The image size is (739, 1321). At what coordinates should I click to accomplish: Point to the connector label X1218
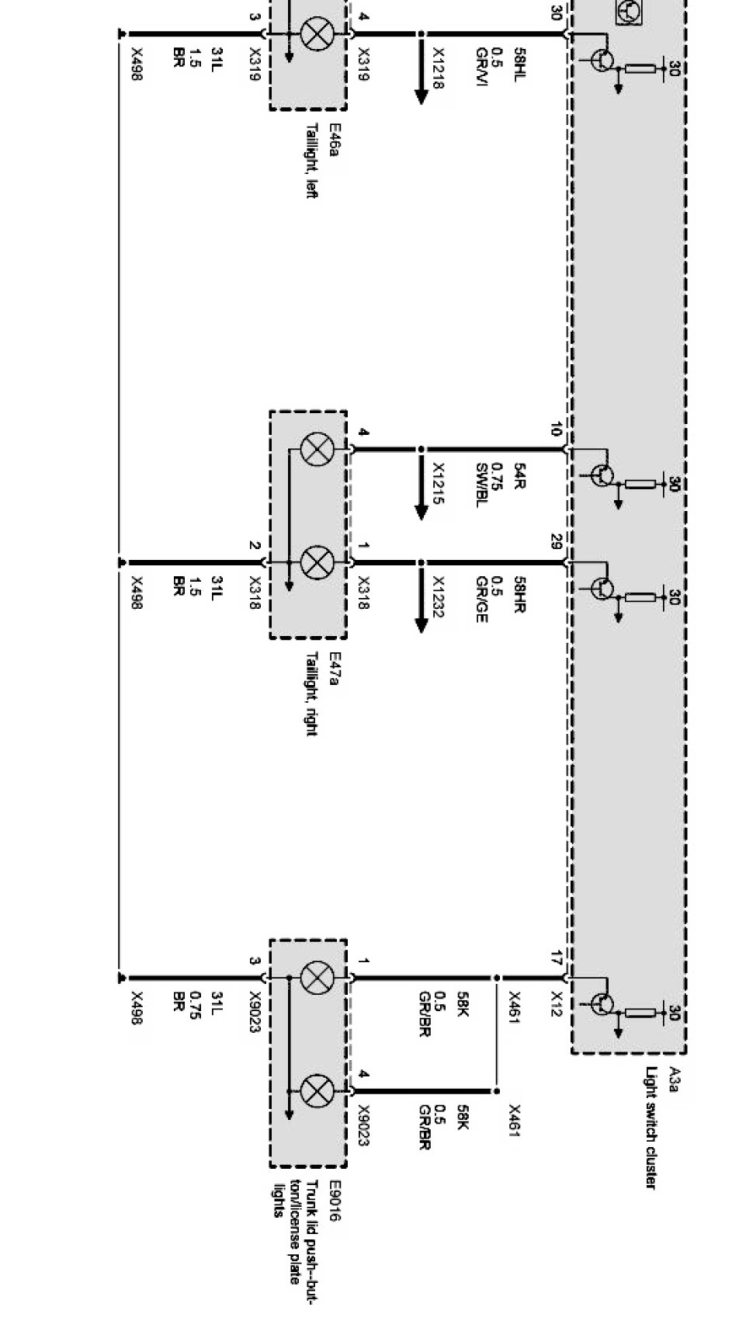[439, 68]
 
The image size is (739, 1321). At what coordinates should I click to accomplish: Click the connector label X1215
[439, 484]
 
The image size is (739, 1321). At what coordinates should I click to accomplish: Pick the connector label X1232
[439, 597]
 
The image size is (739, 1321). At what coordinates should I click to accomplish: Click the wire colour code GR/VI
[482, 68]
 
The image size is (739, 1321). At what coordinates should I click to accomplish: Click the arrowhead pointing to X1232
[422, 625]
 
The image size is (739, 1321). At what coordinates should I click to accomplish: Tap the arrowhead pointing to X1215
[422, 512]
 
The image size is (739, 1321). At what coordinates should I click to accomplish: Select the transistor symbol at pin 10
[602, 475]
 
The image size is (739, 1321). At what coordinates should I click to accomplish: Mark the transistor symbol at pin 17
[602, 1003]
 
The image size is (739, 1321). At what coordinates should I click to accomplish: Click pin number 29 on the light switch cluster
[556, 541]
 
